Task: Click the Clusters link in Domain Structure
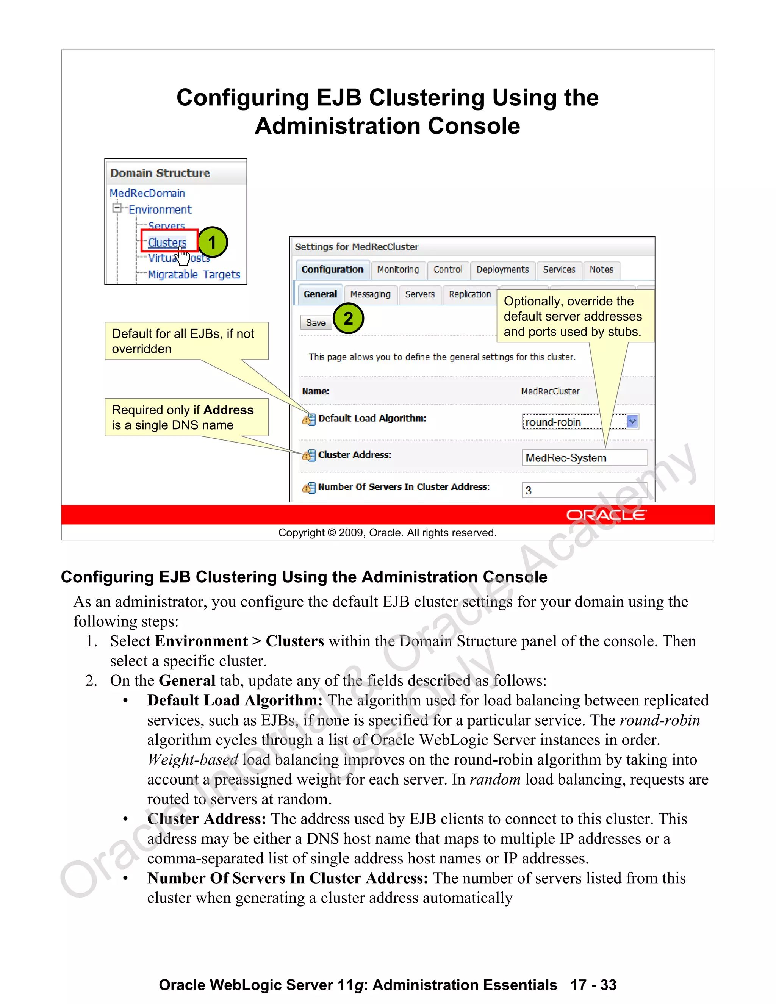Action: (167, 242)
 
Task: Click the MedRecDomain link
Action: (147, 193)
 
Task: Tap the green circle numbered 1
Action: (212, 242)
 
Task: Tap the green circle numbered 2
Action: (348, 318)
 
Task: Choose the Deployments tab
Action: (502, 269)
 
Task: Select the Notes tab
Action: (601, 269)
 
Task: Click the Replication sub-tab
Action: (469, 294)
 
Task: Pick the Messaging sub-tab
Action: (370, 294)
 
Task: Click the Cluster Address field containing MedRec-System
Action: (584, 458)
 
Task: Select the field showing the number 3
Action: (584, 490)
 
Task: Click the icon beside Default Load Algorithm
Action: (309, 419)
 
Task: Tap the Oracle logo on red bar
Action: (606, 515)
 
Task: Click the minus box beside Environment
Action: (117, 209)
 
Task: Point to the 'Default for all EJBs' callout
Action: (186, 341)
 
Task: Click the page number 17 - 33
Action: (593, 985)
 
